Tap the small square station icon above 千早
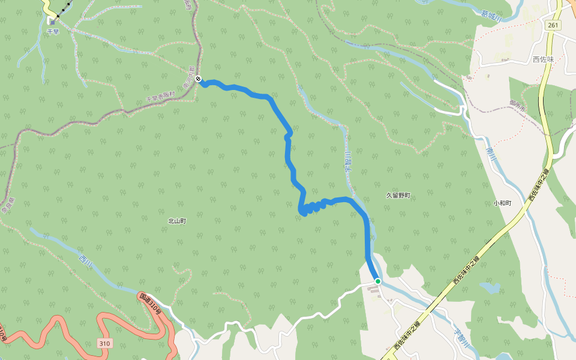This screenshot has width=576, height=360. pos(53,22)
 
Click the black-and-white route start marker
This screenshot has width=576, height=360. pos(198,80)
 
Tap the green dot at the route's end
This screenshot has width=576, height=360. pos(378,281)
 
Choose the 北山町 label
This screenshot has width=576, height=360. pos(177,221)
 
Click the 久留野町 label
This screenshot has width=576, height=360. pos(398,196)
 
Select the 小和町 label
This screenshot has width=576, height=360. pos(502,203)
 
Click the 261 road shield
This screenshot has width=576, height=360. pos(554,25)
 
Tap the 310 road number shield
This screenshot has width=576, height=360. pos(105,343)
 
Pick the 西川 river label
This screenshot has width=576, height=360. pos(85,260)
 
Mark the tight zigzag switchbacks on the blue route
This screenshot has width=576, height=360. pos(312,208)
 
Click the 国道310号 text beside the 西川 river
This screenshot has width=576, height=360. pos(151,304)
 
